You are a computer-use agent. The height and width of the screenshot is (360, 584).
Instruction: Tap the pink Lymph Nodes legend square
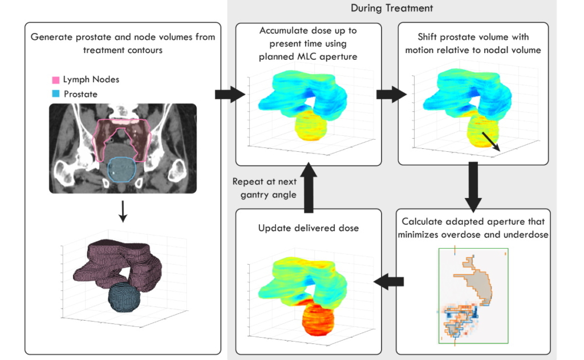click(x=55, y=80)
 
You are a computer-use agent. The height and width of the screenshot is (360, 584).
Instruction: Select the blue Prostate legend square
click(x=55, y=94)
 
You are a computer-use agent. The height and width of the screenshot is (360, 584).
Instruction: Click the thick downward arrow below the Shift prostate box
click(x=473, y=187)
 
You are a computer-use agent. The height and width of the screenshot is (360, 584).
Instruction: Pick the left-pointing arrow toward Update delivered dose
click(x=388, y=280)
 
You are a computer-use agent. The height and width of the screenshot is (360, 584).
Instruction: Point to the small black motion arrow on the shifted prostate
click(x=490, y=141)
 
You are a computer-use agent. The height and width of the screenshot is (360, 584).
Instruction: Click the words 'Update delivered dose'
click(x=309, y=228)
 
